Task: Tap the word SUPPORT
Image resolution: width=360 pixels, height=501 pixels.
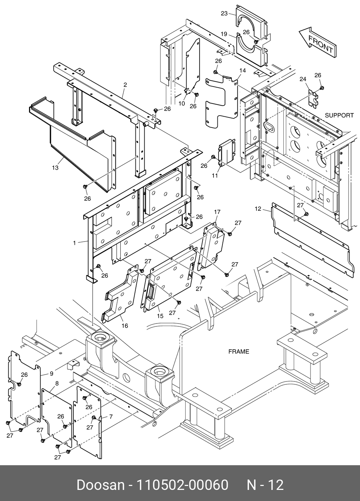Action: tap(339, 115)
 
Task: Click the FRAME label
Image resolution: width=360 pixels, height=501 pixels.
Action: tap(239, 351)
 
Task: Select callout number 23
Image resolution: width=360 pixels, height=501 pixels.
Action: tap(224, 14)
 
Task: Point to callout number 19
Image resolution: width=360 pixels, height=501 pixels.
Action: tap(224, 34)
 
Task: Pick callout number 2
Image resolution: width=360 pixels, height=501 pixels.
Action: tap(125, 85)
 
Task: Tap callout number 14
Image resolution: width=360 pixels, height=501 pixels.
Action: tap(243, 70)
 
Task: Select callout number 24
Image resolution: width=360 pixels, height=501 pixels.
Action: tap(303, 79)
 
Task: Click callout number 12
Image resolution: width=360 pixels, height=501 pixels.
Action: tap(258, 209)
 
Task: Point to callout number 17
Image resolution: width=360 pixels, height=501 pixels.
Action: tap(217, 212)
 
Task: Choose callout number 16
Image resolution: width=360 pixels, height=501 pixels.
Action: tap(125, 326)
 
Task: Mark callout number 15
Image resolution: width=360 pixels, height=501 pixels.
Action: tap(160, 316)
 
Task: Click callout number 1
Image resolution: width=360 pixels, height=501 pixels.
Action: tap(75, 243)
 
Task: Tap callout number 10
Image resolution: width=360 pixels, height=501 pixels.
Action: tap(182, 103)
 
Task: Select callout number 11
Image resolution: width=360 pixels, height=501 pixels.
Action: tap(215, 175)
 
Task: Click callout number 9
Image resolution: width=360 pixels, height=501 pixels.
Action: tap(52, 373)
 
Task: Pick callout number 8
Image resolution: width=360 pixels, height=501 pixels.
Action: tap(57, 383)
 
